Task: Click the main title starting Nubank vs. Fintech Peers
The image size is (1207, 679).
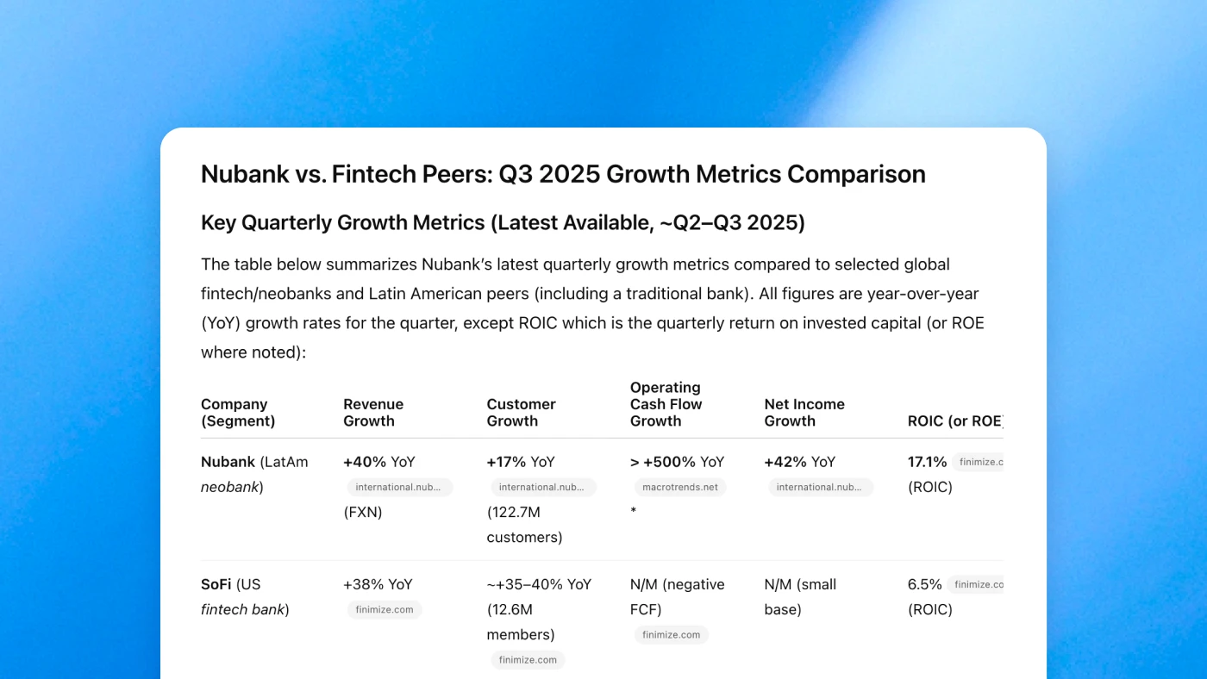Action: [x=563, y=174]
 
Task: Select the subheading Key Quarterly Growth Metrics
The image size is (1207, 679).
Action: [x=503, y=222]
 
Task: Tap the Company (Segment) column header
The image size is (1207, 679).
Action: [x=238, y=413]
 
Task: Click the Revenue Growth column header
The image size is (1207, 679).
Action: [x=372, y=413]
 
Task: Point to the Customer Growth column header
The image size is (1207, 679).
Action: [x=521, y=413]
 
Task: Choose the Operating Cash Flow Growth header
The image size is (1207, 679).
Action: [x=666, y=404]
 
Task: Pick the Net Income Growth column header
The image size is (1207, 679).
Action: [x=804, y=413]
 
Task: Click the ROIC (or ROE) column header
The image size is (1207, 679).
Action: [x=955, y=421]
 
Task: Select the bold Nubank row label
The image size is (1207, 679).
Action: [x=228, y=462]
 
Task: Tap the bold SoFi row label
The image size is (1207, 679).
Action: [x=217, y=584]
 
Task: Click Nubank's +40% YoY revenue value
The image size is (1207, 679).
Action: [x=379, y=462]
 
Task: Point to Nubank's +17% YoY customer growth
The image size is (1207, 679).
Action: [x=521, y=462]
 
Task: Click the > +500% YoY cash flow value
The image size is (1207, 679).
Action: [x=677, y=462]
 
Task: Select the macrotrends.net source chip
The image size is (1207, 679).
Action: [x=680, y=487]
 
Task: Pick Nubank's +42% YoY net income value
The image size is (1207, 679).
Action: [x=799, y=462]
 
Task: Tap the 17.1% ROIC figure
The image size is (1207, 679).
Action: [x=927, y=462]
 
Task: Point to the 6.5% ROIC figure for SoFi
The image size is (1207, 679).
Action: [x=924, y=584]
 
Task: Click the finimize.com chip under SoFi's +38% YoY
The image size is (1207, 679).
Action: [x=385, y=609]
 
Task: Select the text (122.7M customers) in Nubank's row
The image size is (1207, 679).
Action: [x=524, y=525]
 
